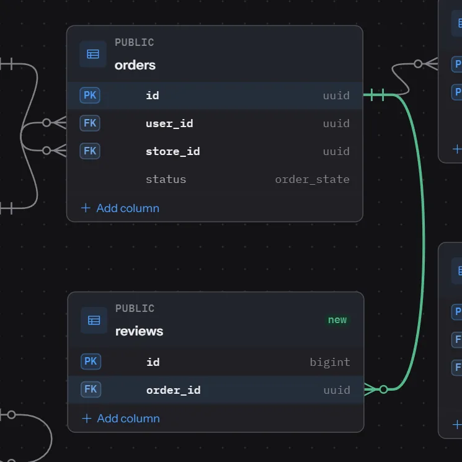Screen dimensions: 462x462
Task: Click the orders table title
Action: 135,65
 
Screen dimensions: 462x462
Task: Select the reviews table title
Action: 139,331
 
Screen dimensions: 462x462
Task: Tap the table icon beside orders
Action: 93,54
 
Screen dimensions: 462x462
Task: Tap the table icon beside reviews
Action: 94,320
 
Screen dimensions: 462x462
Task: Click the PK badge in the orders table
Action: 90,95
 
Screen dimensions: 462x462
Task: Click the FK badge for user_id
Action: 90,123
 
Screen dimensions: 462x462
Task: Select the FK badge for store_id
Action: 90,151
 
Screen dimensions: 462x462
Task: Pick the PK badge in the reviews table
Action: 91,362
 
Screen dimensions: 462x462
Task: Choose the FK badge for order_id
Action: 91,389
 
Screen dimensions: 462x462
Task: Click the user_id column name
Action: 169,123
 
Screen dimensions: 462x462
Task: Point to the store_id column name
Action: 172,151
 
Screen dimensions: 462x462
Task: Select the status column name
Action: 166,179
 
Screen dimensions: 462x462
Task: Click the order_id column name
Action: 174,390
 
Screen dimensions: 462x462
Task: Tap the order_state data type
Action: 313,179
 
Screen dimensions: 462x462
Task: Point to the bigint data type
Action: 330,362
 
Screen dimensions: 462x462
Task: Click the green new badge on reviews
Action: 337,320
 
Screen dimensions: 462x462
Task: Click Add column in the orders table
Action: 120,208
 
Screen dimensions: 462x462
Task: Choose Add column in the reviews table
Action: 121,419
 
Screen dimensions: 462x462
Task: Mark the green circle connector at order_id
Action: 383,389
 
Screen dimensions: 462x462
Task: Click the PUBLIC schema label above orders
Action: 135,42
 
